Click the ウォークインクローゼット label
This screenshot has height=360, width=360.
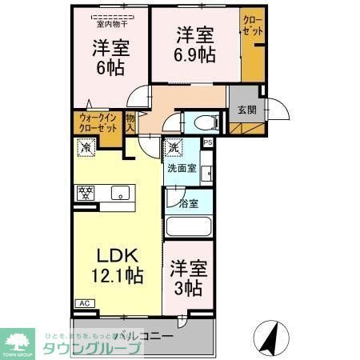coord(97,123)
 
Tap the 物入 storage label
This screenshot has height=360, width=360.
coord(130,122)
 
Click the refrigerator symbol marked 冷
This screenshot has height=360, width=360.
coord(84,146)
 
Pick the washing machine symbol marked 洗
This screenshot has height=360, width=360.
coord(174,147)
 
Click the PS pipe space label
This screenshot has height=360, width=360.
coord(208,142)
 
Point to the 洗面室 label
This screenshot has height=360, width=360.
coord(182,169)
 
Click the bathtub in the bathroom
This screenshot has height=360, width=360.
coord(189,226)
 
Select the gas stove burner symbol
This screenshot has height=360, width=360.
coord(85,192)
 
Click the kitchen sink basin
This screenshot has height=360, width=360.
coord(121,192)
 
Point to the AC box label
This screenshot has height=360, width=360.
coord(83,303)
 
